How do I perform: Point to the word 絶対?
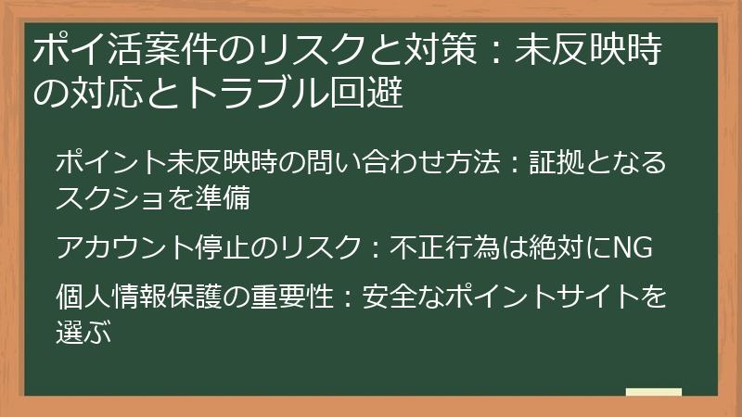tap(549, 248)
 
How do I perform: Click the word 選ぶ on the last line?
tap(84, 332)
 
